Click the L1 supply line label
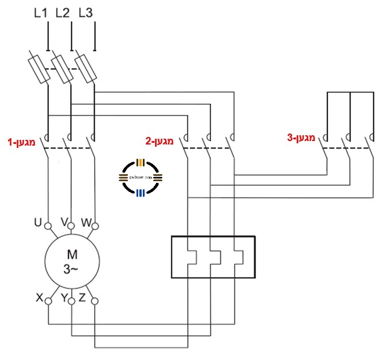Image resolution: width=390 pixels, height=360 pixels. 40,13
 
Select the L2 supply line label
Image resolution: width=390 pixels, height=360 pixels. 63,13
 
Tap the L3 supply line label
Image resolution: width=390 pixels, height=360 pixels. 85,13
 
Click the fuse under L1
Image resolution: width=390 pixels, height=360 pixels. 39,67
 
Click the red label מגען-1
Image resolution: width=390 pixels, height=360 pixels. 21,140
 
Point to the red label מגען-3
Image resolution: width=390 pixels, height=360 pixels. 302,138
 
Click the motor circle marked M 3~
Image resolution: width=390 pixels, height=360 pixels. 72,261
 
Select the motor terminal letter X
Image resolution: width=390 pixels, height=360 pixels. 40,298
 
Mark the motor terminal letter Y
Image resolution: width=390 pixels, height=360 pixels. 64,298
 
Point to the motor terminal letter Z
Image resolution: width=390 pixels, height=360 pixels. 83,298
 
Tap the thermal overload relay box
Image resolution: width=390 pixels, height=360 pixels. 213,257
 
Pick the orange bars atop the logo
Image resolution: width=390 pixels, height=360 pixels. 141,162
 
